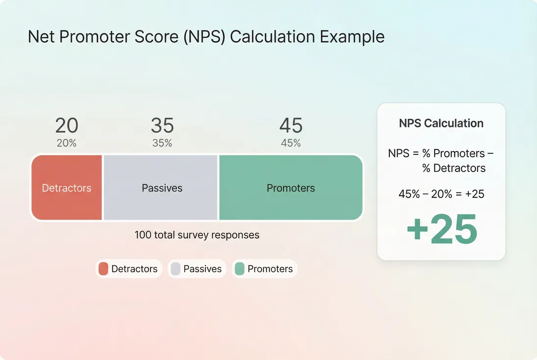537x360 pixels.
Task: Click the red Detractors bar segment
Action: (67, 188)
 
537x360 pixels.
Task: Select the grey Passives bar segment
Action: (162, 188)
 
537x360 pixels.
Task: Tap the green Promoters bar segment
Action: (291, 188)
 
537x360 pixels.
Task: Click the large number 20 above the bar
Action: (67, 126)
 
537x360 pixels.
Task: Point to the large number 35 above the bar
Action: (162, 126)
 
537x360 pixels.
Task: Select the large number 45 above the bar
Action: (291, 126)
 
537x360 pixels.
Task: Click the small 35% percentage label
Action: (162, 144)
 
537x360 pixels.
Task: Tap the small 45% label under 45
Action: (291, 144)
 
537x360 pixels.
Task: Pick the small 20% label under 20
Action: (67, 144)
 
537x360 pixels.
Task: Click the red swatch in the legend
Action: (103, 269)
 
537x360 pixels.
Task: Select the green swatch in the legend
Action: (240, 269)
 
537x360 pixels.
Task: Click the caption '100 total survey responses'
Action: (197, 235)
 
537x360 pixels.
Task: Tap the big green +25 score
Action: (441, 229)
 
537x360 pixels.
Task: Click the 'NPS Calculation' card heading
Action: (441, 123)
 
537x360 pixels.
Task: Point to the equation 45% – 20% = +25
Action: (441, 194)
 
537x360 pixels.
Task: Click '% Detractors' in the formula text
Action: (454, 168)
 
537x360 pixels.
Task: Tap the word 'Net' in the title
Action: (41, 37)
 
